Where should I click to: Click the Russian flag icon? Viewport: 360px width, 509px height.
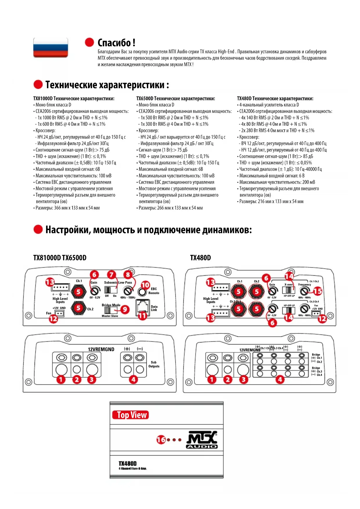click(51, 47)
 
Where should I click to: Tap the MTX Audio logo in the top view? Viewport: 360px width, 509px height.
click(202, 440)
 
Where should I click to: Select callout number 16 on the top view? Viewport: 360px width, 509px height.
click(161, 440)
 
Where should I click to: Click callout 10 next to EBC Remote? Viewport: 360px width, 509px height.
click(145, 285)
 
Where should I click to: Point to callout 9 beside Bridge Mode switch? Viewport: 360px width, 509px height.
click(125, 309)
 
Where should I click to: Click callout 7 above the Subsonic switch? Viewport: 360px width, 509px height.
click(111, 275)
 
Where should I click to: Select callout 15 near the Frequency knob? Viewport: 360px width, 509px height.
click(318, 291)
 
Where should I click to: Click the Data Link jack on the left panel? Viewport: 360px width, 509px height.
click(142, 306)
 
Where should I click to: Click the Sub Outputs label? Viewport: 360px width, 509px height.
click(154, 364)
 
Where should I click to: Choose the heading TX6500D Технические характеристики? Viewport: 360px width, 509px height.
click(176, 99)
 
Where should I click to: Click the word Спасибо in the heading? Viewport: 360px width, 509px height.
click(114, 43)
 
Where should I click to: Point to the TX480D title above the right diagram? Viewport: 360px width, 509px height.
click(200, 258)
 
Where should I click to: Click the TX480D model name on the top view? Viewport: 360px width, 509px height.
click(128, 464)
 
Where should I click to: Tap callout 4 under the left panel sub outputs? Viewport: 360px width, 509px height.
click(133, 379)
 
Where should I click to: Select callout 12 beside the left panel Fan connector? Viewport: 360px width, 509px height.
click(53, 319)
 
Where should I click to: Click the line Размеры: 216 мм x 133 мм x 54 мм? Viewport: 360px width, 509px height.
click(271, 201)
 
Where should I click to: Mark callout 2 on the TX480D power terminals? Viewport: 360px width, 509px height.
click(228, 379)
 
